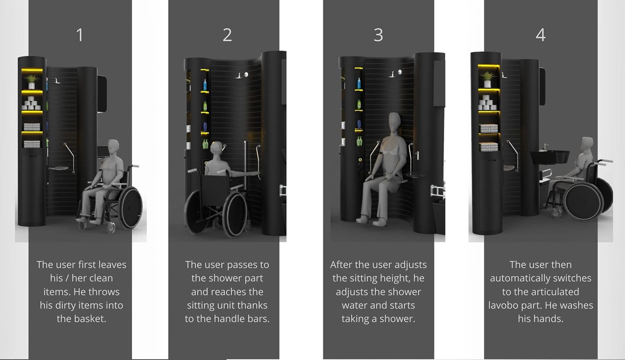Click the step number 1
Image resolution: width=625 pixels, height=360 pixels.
pyautogui.click(x=80, y=35)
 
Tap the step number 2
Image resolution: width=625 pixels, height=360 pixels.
pyautogui.click(x=227, y=35)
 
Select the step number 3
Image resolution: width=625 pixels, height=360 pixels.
pyautogui.click(x=379, y=35)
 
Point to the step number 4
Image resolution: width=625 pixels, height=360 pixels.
pyautogui.click(x=541, y=35)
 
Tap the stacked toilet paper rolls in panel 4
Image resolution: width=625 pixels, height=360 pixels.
pyautogui.click(x=487, y=103)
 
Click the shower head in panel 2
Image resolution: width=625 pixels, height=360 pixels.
pyautogui.click(x=242, y=75)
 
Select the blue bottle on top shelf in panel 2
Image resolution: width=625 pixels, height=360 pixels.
pyautogui.click(x=205, y=85)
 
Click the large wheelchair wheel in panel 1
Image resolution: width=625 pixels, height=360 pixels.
pyautogui.click(x=130, y=208)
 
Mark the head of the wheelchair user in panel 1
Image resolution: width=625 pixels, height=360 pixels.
pyautogui.click(x=113, y=148)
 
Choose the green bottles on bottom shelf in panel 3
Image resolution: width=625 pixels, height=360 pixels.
pyautogui.click(x=359, y=141)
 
